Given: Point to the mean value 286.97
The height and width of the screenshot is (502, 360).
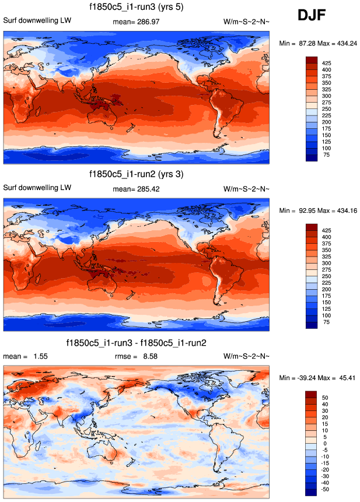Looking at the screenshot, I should pyautogui.click(x=149, y=22).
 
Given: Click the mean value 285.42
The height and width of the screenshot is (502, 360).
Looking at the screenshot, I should pyautogui.click(x=149, y=189).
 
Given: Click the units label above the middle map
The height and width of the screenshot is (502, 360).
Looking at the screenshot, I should pyautogui.click(x=246, y=189).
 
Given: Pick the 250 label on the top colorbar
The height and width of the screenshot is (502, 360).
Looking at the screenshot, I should pyautogui.click(x=328, y=108).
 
